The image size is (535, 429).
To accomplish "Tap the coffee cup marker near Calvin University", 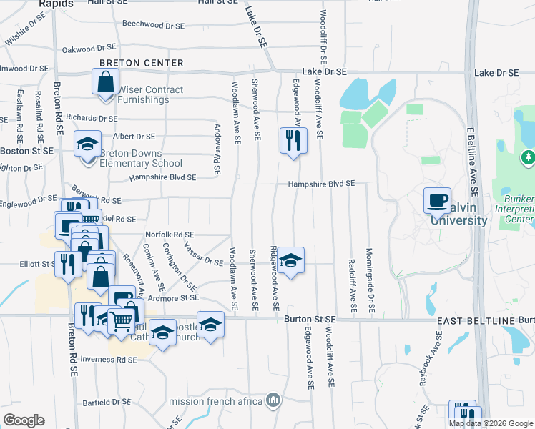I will coord(436,200).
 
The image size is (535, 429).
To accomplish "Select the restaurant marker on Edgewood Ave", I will coord(293,139).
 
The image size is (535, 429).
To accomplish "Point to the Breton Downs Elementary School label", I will coord(131,158).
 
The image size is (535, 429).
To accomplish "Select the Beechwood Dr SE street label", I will coord(153,24).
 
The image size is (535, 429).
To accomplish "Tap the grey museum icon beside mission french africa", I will coord(273,400).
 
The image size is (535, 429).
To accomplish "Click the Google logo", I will coord(24,420).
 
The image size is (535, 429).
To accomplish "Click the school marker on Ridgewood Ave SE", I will coord(291,260).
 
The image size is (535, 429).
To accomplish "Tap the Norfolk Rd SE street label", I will coord(170,234).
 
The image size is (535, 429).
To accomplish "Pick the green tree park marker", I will coord(529,157).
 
